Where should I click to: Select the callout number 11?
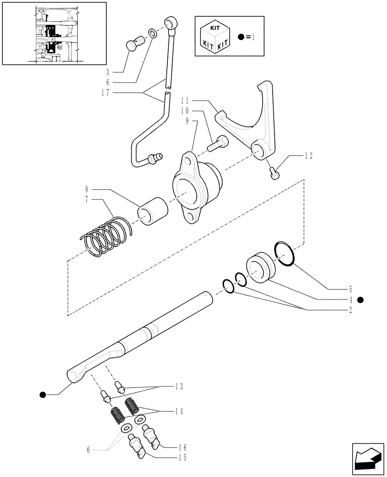pyautogui.click(x=186, y=101)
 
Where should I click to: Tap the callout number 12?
pyautogui.click(x=308, y=156)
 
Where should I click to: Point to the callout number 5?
pyautogui.click(x=350, y=289)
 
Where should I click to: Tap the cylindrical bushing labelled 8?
pyautogui.click(x=153, y=212)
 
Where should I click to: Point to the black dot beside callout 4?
pyautogui.click(x=360, y=300)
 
